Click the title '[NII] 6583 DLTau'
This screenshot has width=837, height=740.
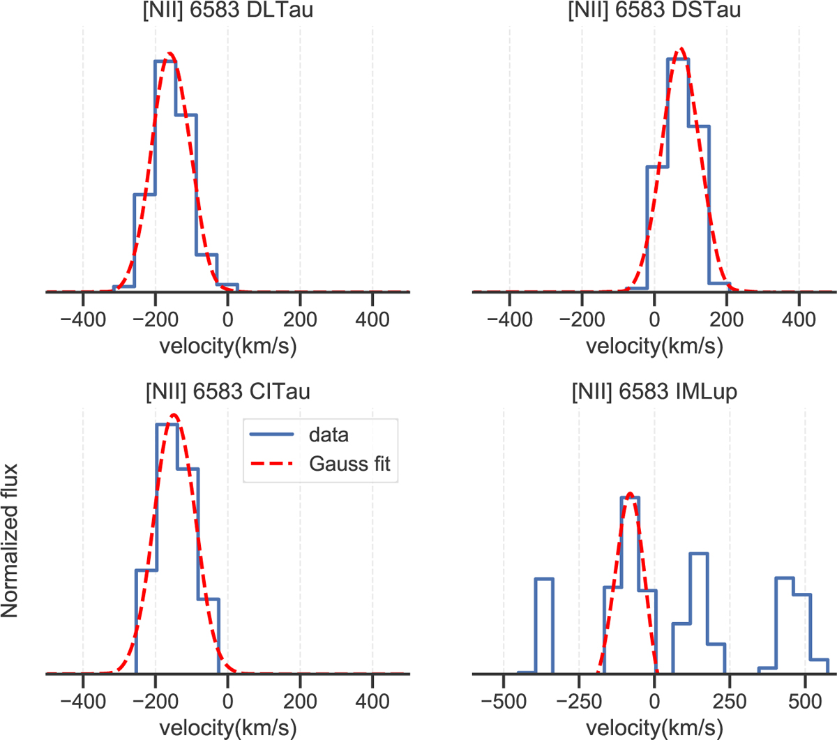(227, 10)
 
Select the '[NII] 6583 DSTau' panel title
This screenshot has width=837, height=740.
(654, 10)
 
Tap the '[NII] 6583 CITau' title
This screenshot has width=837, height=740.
(227, 392)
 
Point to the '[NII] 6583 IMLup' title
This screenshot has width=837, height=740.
(654, 392)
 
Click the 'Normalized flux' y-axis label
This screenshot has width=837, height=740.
(10, 541)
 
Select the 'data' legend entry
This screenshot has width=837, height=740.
(329, 435)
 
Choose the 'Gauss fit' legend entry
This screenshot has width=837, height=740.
(349, 464)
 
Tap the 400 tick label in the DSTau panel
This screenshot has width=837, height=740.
(799, 319)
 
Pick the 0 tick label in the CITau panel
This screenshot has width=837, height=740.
(227, 701)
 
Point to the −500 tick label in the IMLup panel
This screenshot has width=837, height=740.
(503, 701)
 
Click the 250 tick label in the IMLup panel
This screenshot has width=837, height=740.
(730, 701)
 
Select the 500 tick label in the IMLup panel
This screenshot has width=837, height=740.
(805, 701)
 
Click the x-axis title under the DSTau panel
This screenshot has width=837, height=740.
(654, 346)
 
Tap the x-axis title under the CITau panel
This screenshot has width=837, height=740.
(227, 728)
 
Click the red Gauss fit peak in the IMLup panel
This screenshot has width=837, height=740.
(630, 494)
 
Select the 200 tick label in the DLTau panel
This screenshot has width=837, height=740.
(300, 319)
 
